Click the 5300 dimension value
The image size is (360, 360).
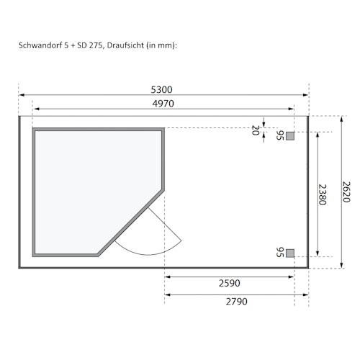pos(161,90)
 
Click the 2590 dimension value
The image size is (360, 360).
pos(230,284)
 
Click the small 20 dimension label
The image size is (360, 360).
pos(255,130)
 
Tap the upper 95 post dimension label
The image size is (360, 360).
pos(280,135)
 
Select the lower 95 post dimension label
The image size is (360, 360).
pos(280,252)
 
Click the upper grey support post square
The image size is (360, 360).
pos(290,135)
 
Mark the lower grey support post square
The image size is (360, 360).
pos(290,252)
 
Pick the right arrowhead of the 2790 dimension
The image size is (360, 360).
pos(306,294)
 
